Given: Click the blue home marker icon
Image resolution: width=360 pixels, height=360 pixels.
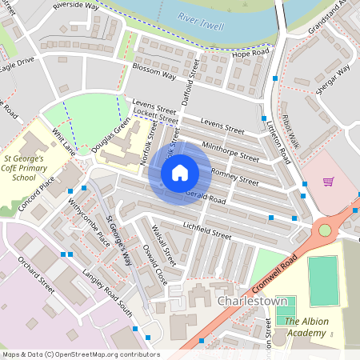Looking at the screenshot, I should (x=180, y=172).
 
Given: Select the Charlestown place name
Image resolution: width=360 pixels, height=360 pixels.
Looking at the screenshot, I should (x=250, y=301).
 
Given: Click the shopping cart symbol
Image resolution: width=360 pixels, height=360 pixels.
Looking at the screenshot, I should (x=328, y=182).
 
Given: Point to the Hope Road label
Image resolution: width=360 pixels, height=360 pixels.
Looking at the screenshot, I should (x=247, y=52).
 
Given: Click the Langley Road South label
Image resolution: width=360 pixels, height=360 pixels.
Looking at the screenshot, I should (x=107, y=291).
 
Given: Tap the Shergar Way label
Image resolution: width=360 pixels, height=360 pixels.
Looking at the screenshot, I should (x=332, y=80).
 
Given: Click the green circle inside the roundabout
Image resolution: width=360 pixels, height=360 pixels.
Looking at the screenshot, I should (x=325, y=230).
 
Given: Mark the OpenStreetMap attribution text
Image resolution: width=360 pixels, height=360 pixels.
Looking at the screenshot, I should (x=80, y=354).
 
